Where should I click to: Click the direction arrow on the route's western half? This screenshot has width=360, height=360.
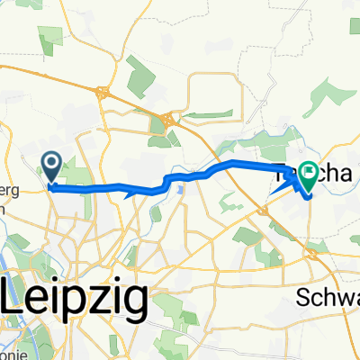click(131, 190)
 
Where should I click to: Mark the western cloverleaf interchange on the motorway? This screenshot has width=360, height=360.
click(104, 91)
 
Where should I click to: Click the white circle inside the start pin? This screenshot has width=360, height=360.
click(51, 162)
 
